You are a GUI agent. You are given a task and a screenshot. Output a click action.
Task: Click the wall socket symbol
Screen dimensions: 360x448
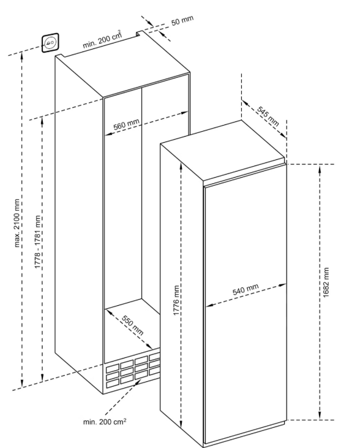coord(51,43)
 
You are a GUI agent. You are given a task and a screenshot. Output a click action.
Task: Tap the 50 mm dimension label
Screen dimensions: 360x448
coord(182,20)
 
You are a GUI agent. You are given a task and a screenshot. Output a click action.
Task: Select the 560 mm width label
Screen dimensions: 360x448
coord(127,124)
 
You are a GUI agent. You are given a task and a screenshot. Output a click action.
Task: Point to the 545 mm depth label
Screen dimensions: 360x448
coord(268,116)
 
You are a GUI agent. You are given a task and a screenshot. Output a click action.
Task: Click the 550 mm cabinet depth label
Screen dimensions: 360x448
coord(132,325)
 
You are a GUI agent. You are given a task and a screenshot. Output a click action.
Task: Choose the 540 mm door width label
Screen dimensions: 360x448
coord(246,289)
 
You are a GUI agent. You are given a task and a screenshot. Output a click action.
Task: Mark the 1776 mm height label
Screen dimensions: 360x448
coord(177,300)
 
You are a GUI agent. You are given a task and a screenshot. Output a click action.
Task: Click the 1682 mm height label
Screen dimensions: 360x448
coord(326,283)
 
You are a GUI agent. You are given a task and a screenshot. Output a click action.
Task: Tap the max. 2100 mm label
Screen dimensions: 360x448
coord(17,223)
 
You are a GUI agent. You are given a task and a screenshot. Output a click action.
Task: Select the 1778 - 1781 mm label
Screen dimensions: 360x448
coord(38,241)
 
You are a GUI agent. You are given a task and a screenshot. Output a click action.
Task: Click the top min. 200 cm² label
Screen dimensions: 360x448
coord(102,39)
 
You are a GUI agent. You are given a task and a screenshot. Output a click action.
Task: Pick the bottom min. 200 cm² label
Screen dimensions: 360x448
coord(105,422)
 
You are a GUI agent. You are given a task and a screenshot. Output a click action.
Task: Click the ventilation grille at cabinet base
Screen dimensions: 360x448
coord(132,371)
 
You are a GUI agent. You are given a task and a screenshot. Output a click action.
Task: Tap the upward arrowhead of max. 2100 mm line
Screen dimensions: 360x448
coord(21,56)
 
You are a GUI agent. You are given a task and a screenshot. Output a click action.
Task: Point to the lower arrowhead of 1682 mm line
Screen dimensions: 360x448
coord(320,415)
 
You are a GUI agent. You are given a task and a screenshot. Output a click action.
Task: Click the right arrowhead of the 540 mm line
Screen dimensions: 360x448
coord(282,285)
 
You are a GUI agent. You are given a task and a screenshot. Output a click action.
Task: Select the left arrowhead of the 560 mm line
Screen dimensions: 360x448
coord(109,134)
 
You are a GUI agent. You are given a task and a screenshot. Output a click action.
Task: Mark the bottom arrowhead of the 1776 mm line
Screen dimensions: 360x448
coord(181,423)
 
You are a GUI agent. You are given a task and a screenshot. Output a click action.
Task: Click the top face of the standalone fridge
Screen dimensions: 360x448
coord(223,150)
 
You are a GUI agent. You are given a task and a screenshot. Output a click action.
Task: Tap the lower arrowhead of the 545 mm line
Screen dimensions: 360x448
coord(283,135)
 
